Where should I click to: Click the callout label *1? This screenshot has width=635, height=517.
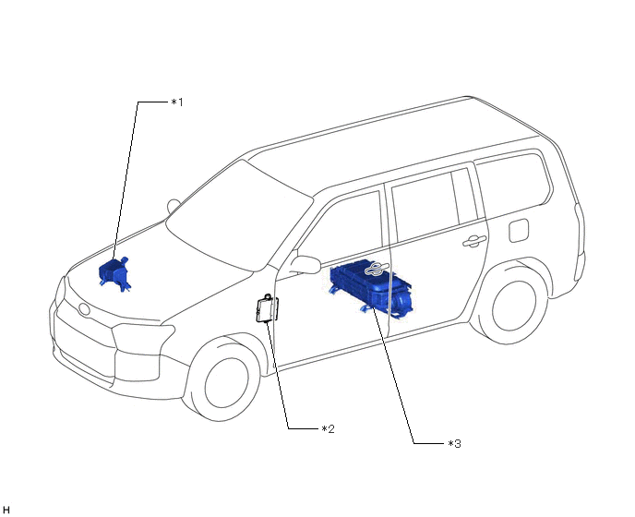pos(177,102)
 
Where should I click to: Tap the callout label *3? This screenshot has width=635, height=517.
pos(453,444)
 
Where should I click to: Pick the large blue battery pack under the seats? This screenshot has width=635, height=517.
pos(371,286)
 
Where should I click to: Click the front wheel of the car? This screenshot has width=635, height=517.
pos(226,378)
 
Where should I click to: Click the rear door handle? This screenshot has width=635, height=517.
pos(474,241)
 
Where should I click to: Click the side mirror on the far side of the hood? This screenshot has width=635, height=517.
pos(173,205)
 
